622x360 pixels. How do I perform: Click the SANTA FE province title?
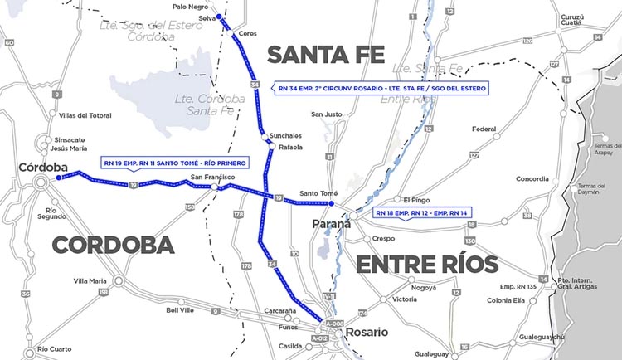[x=325, y=56]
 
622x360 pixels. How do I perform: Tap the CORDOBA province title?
[x=113, y=245]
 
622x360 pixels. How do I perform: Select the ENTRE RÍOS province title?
[x=426, y=265]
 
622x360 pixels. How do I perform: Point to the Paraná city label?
[x=332, y=224]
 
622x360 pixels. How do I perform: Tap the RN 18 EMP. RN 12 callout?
[x=421, y=212]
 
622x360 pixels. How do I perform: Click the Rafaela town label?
[x=290, y=147]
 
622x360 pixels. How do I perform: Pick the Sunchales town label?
[x=286, y=134]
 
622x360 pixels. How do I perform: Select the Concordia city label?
[x=532, y=178]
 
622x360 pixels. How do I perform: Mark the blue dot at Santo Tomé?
[x=330, y=203]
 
